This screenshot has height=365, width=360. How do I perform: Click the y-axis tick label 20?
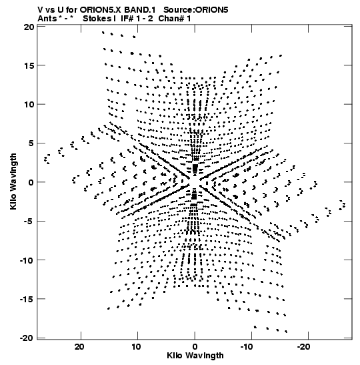29,27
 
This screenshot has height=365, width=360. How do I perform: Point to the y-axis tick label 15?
29,66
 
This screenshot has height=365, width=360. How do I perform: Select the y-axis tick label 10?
29,105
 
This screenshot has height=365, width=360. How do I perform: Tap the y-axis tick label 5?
31,143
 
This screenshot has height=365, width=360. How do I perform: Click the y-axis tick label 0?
31,182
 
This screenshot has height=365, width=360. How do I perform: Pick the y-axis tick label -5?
29,221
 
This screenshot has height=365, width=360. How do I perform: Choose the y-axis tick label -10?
27,260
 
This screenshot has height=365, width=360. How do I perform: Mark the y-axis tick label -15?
27,299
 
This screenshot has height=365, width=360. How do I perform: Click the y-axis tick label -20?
27,338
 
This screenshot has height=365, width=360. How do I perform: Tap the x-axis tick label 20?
79,347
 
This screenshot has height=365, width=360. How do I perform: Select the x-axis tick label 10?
136,347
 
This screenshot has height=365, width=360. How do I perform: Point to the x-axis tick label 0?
195,347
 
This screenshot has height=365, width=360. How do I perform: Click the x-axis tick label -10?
247,347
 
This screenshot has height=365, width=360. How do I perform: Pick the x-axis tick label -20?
303,347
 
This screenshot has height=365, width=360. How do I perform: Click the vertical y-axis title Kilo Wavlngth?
13,181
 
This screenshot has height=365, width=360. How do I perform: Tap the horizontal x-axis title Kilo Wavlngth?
195,356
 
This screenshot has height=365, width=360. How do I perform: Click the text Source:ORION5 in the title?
196,10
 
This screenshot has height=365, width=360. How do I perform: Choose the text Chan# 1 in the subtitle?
175,19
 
